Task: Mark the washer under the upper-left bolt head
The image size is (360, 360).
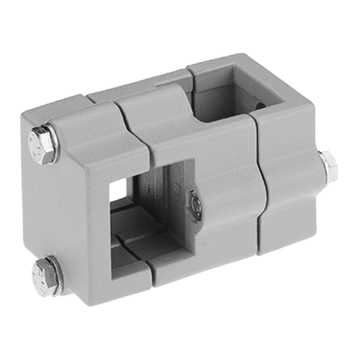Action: [x=53, y=146]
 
